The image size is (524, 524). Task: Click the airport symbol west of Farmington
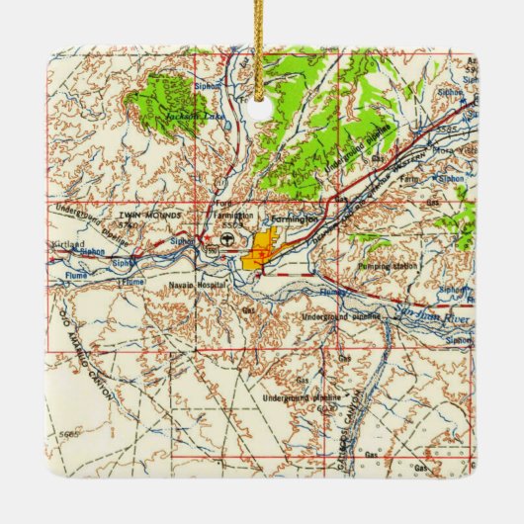pyautogui.click(x=229, y=239)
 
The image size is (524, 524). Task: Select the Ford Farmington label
pyautogui.click(x=230, y=215)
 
